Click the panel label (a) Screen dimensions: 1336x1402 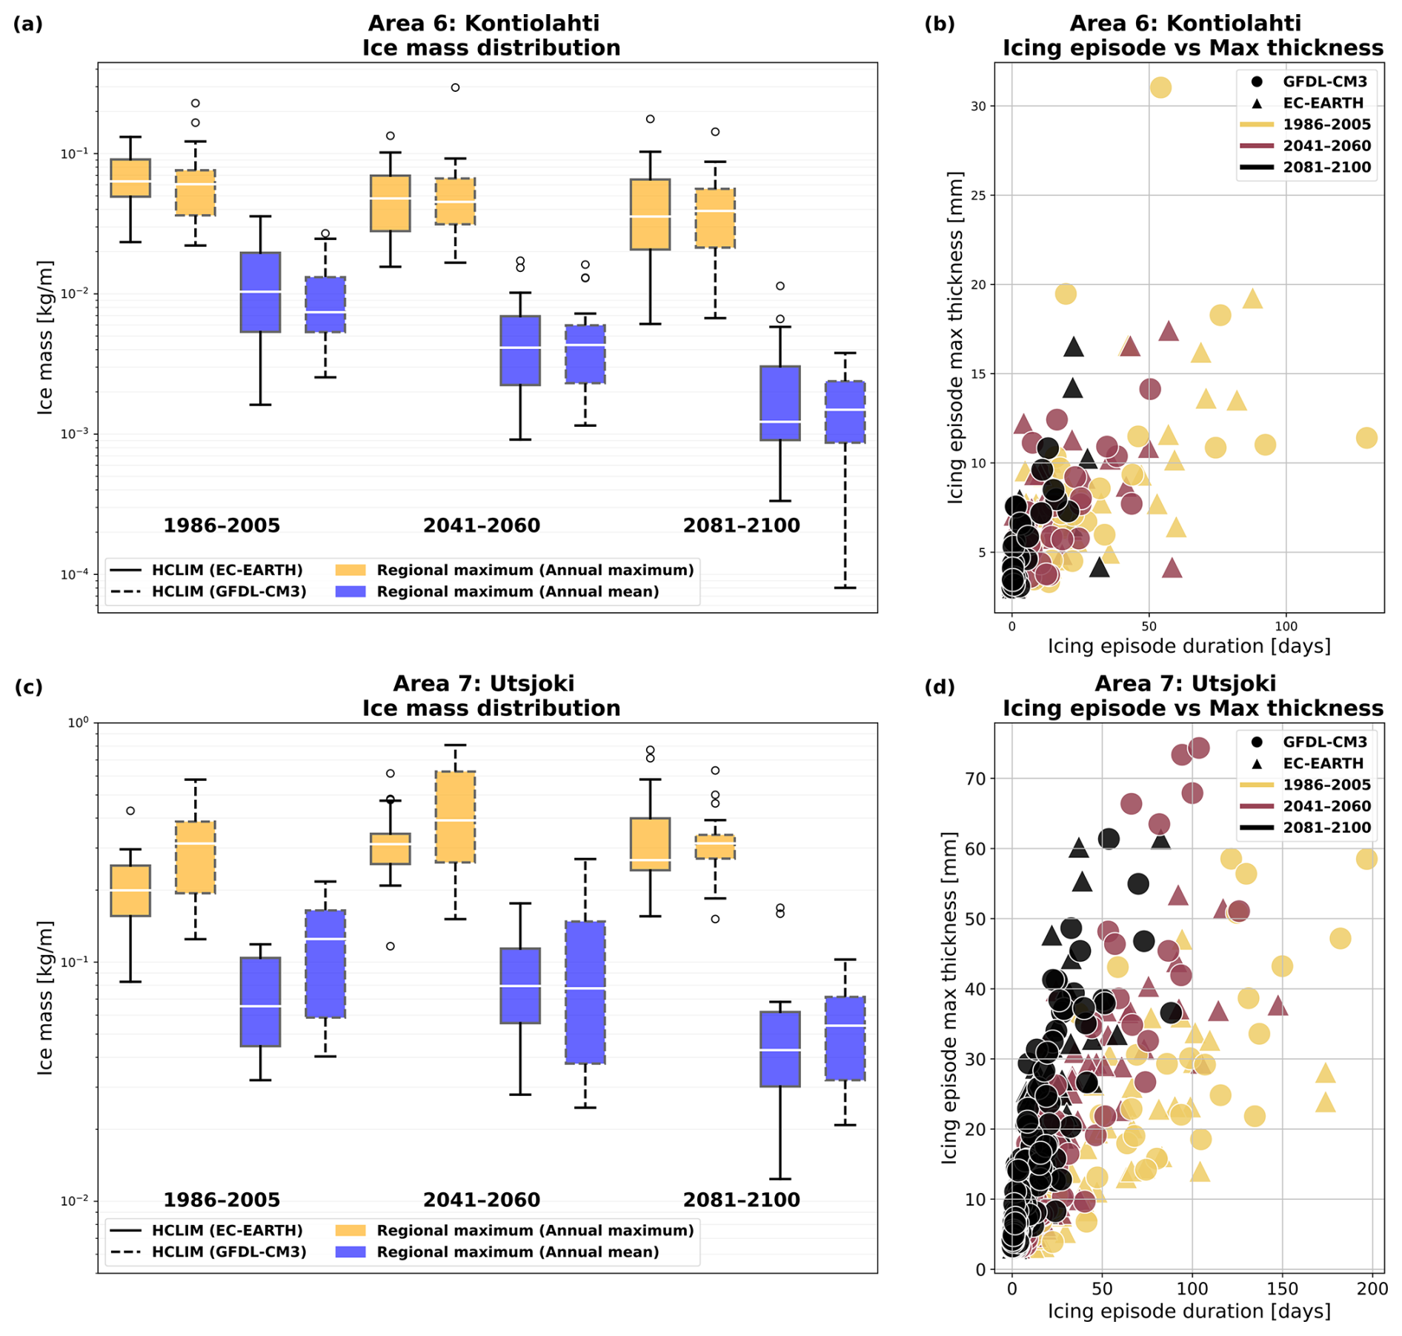point(28,24)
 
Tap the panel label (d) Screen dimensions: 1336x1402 point(940,686)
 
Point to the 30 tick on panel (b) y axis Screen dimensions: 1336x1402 point(979,106)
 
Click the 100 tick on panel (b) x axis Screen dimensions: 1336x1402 point(1286,626)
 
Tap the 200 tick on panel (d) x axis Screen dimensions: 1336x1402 point(1372,1289)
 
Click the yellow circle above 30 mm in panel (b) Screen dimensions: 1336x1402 point(1160,87)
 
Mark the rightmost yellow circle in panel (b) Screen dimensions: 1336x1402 point(1366,438)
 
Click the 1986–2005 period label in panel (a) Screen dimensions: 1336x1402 point(222,526)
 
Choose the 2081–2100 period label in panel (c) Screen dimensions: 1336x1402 point(741,1200)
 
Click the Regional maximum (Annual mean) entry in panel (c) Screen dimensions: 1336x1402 point(517,1252)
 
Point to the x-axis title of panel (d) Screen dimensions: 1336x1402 point(1189,1312)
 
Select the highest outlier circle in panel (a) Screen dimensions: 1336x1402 point(455,87)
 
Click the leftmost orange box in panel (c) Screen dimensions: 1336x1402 point(130,890)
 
